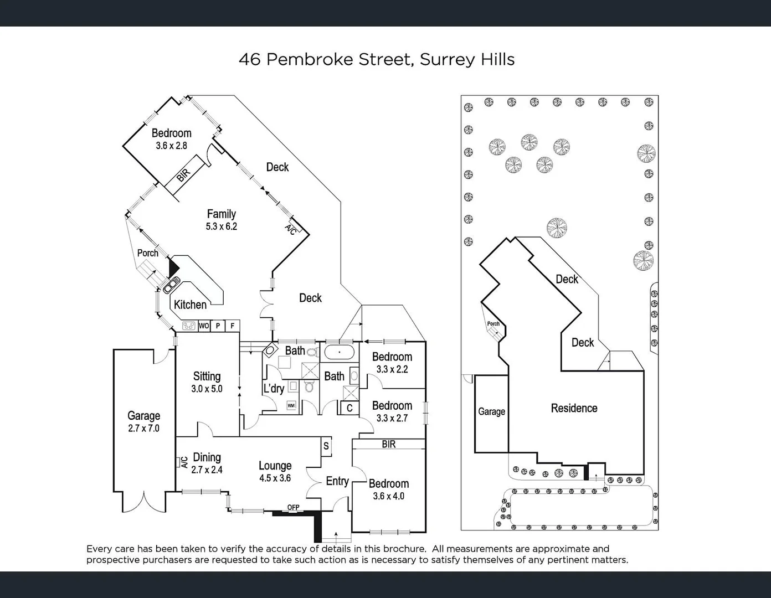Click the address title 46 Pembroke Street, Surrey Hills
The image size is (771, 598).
coord(377,59)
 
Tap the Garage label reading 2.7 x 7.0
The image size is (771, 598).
coord(143,428)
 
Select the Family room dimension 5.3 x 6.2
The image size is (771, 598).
coord(221,226)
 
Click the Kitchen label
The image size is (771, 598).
coord(190,305)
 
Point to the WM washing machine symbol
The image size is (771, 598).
coord(291,406)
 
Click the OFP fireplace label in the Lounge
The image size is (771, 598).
coord(293,508)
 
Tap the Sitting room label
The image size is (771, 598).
coord(207,377)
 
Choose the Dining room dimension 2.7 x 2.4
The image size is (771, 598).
coord(207,470)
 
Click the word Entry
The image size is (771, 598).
coord(337,481)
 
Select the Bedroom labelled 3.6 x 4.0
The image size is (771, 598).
coord(388,489)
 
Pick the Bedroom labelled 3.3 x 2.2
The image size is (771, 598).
coord(392,363)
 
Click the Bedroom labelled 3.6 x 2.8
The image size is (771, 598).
coord(171,139)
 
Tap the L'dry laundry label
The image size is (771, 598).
coord(274,389)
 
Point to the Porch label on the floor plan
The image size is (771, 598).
coord(147,253)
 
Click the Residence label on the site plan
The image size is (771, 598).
coord(574,408)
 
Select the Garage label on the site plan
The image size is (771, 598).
coord(491,411)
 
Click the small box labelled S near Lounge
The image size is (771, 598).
coord(326,446)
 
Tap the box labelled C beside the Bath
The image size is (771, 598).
coord(349,409)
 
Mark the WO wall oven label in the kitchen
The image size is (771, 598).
coord(203,326)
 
